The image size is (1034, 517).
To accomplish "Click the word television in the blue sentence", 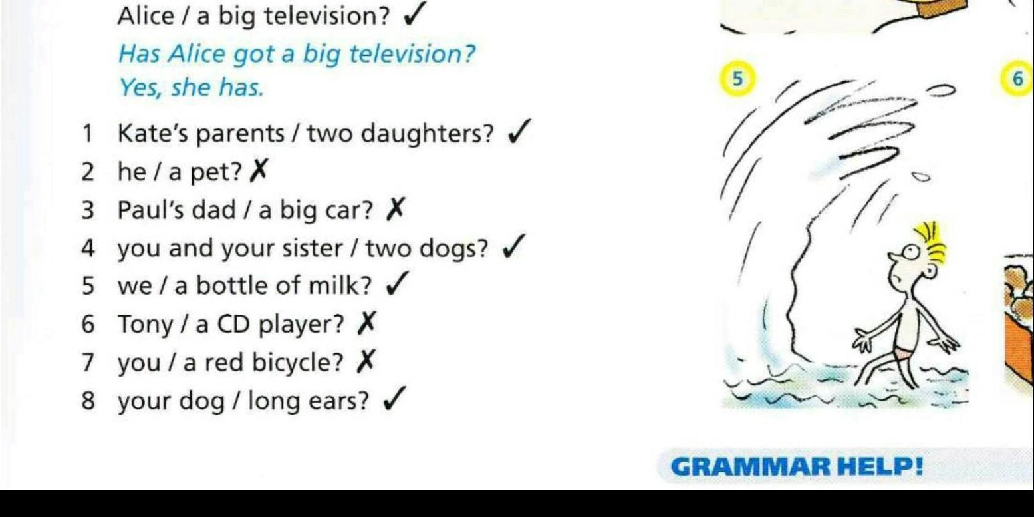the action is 412,54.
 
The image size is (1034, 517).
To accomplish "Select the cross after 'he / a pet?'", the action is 259,171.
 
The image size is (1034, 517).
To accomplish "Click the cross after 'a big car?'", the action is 396,209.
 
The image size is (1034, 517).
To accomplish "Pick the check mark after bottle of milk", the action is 397,283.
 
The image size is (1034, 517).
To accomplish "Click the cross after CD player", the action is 367,323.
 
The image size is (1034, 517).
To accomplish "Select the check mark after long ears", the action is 395,399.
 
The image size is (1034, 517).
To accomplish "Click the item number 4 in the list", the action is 88,248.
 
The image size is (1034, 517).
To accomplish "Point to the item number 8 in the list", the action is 88,400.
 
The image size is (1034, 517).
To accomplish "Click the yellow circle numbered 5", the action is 737,79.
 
